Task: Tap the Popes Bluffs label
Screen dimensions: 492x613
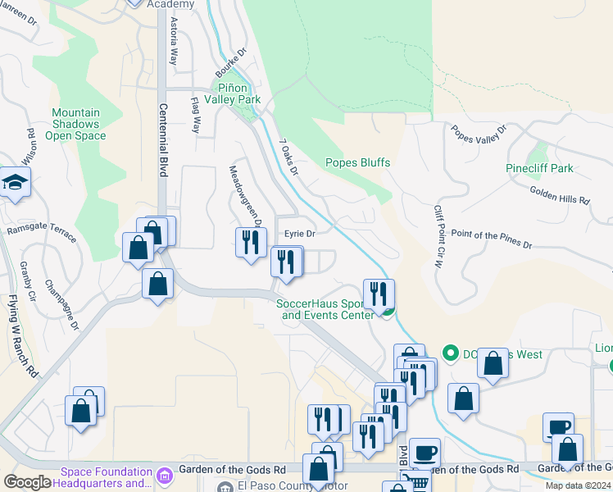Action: coord(357,162)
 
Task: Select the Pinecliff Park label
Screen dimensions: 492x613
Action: coord(539,168)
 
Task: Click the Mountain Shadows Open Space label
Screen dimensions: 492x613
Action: coord(75,124)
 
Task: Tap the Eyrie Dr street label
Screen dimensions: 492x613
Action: coord(300,234)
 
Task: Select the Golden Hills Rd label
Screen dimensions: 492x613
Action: coord(560,198)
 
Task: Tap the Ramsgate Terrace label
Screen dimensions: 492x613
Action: coord(42,233)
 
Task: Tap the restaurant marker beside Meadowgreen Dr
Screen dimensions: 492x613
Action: coord(250,242)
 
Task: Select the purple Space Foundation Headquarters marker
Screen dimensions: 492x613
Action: coord(164,475)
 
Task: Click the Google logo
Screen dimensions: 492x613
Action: coord(27,482)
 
